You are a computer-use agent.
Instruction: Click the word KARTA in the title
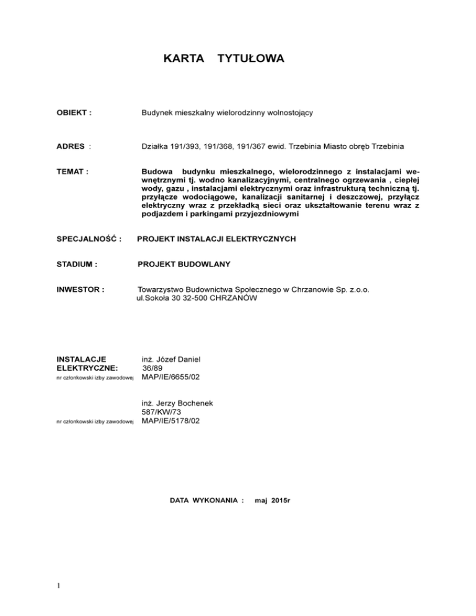tap(184, 59)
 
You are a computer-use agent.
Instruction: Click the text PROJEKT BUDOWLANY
tap(184, 265)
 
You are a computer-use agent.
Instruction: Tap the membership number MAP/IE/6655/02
tap(170, 376)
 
